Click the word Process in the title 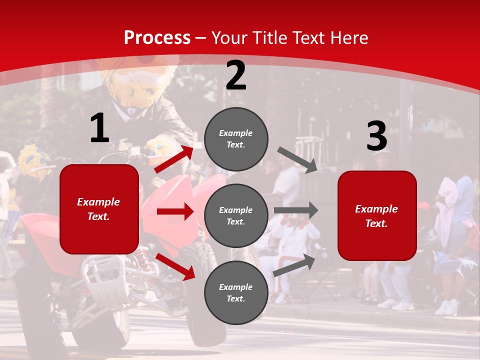click(x=157, y=38)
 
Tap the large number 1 click(x=99, y=128)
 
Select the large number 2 click(x=236, y=75)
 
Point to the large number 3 click(x=376, y=136)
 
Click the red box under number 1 click(x=99, y=209)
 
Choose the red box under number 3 click(x=377, y=215)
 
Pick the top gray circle click(x=236, y=139)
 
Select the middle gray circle click(x=236, y=215)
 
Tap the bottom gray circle click(x=236, y=292)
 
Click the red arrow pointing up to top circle click(x=173, y=159)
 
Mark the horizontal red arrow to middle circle click(x=175, y=211)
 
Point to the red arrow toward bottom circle click(x=175, y=266)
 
